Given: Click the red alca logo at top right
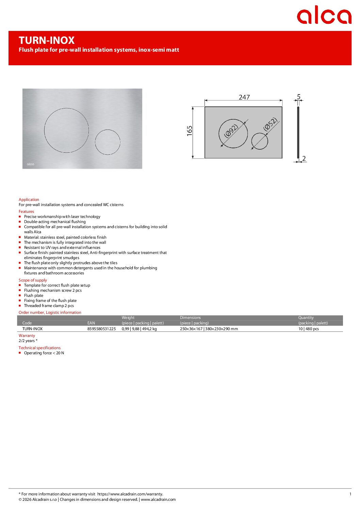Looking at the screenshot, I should click(x=324, y=15).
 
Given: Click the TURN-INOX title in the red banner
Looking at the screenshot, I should click(x=47, y=40).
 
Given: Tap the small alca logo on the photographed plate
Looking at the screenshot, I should click(x=31, y=164).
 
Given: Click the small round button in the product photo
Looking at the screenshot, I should click(x=108, y=142).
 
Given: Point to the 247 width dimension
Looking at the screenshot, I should click(x=244, y=97).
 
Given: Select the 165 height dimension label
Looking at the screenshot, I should click(x=190, y=131).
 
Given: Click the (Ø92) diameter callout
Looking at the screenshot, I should click(x=231, y=131).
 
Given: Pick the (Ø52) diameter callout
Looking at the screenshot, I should click(x=271, y=124).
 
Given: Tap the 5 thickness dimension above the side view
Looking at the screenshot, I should click(x=298, y=97).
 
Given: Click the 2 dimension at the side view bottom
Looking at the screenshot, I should click(x=304, y=158).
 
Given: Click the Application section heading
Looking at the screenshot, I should click(x=29, y=200).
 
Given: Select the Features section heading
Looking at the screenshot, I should click(x=26, y=211).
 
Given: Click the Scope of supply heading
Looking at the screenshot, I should click(x=33, y=280).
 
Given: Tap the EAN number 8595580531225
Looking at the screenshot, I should click(x=101, y=329).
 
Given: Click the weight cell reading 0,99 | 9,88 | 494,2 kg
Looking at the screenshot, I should click(x=139, y=329).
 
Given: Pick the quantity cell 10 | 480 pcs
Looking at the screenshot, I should click(x=308, y=329).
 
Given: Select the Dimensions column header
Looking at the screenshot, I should click(x=190, y=318).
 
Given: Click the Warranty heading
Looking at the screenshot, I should click(x=27, y=336).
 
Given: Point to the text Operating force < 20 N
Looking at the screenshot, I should click(x=44, y=353).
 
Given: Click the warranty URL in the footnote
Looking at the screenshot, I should click(x=130, y=494).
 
